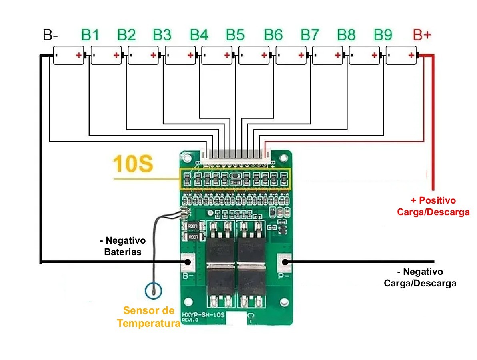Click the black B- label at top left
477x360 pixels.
51,35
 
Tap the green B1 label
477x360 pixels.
90,35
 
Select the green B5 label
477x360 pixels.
235,35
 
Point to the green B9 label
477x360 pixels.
383,35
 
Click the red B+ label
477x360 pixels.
422,35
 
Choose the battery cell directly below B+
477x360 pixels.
401,55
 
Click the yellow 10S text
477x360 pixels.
133,164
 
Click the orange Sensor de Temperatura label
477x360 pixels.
149,317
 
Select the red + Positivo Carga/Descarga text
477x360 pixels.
433,206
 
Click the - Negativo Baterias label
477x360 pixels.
123,246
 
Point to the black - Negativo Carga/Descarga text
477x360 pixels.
420,278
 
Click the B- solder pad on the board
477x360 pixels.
187,262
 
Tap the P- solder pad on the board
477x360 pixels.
285,262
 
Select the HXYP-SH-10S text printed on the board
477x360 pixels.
203,315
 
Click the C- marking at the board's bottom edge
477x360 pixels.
249,318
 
